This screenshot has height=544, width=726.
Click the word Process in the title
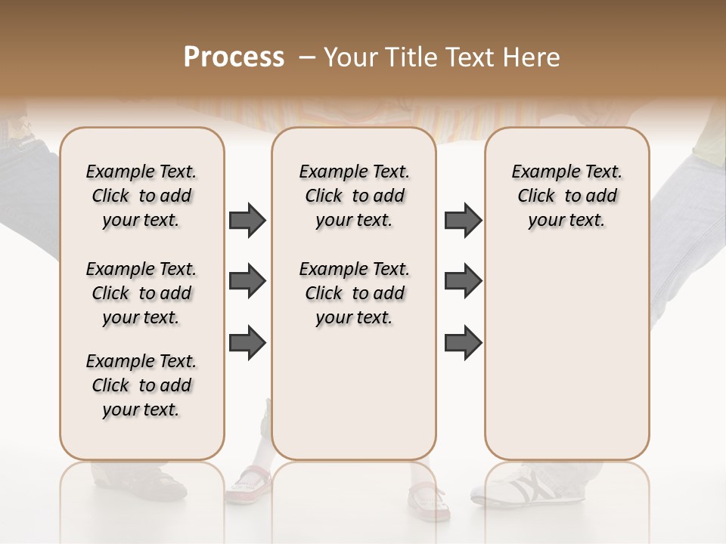[234, 57]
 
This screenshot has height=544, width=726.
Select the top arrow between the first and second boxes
[247, 221]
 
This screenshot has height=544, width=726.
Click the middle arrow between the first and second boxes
[247, 282]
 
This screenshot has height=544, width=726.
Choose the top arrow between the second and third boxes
[463, 221]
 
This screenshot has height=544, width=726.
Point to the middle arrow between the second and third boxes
[463, 282]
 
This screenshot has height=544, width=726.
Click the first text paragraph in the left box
[141, 196]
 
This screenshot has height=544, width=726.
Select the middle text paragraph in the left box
[141, 293]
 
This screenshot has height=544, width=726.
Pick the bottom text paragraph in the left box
[141, 385]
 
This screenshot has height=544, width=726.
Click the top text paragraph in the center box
[354, 196]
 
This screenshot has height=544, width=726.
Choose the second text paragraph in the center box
[354, 293]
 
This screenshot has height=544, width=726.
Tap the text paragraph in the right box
[566, 196]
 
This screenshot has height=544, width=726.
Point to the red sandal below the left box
[250, 484]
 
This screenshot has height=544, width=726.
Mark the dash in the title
[306, 57]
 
